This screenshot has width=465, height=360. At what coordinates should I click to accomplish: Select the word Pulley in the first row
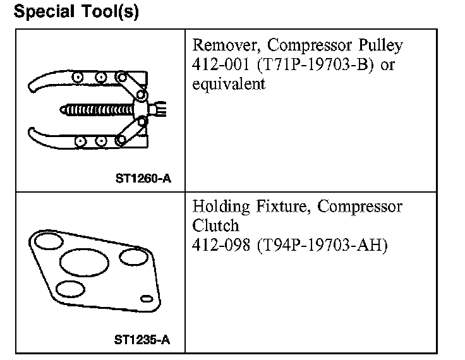tap(380, 46)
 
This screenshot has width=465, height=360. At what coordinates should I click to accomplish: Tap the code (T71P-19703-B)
tap(313, 64)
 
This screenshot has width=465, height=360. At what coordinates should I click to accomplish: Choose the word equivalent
tap(229, 83)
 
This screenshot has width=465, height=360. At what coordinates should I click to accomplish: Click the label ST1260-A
tap(143, 179)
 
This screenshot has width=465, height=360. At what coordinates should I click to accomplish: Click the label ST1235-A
tap(143, 340)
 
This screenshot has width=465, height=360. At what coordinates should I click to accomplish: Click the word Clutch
tap(215, 225)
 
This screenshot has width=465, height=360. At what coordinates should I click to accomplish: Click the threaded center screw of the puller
tap(98, 109)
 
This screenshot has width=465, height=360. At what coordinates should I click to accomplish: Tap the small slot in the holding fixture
tap(146, 297)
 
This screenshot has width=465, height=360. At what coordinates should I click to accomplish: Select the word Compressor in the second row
tap(359, 207)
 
